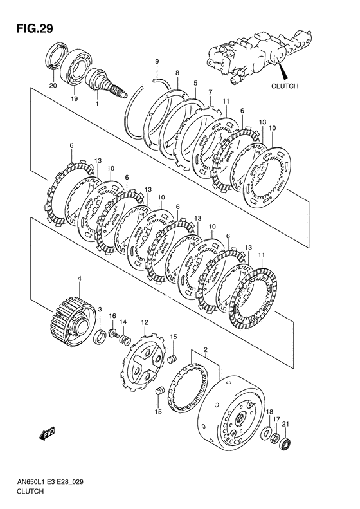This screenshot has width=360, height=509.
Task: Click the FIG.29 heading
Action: (35, 28)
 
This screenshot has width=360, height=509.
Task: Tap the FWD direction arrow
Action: (47, 434)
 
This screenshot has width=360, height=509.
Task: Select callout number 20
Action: (53, 86)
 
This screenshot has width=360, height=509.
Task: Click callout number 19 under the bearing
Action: (75, 98)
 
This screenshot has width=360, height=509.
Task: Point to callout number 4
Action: (80, 278)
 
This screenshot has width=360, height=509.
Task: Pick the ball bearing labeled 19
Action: (76, 67)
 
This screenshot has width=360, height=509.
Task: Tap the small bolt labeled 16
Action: (114, 333)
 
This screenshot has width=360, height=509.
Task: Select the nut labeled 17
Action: (276, 438)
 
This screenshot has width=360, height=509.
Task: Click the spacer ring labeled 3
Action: (100, 336)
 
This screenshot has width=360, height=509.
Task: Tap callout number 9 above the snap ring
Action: (157, 61)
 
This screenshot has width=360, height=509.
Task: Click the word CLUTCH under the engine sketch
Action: (284, 86)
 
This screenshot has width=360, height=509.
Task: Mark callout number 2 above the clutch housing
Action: (205, 349)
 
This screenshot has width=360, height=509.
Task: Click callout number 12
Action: (145, 322)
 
